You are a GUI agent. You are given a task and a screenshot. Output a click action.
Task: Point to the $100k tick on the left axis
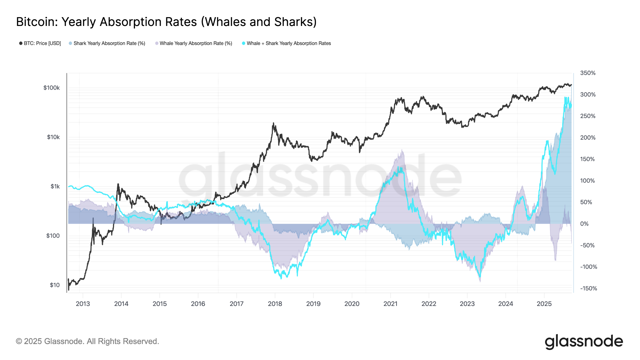coord(52,88)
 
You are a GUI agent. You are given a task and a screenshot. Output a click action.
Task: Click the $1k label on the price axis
coord(55,187)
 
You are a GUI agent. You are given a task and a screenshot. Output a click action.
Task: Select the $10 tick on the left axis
coord(55,285)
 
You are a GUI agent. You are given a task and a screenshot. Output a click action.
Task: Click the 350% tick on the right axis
coord(587,73)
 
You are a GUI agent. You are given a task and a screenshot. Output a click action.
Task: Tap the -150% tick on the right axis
coord(588,288)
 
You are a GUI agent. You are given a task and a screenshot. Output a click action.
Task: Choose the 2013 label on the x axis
coord(83,304)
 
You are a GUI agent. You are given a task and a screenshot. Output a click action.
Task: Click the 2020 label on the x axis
coord(352,304)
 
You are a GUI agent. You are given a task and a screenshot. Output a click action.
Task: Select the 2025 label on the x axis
coord(544,304)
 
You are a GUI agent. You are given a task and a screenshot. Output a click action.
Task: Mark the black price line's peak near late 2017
coord(273,123)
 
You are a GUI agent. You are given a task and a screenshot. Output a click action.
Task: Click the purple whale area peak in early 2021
coord(402,150)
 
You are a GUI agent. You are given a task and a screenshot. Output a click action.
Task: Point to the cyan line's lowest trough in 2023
coord(480,277)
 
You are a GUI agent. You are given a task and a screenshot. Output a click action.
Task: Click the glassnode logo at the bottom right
coord(584,342)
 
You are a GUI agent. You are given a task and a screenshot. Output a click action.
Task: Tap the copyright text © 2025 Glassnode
coord(87,341)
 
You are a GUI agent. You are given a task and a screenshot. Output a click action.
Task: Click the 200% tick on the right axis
coord(587,138)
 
